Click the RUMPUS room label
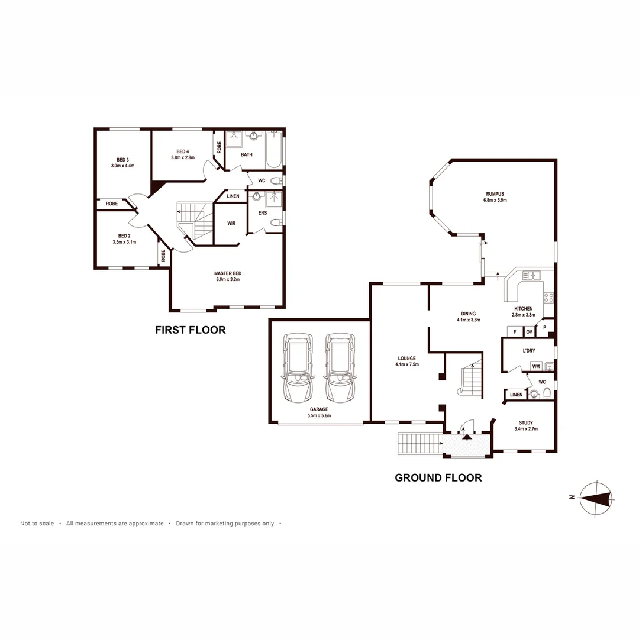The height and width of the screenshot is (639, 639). [x=495, y=193]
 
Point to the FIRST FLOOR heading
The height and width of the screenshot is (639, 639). [x=190, y=330]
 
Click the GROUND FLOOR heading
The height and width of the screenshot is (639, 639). [x=438, y=477]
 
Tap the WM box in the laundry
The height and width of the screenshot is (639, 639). [x=535, y=367]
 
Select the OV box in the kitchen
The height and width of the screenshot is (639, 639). [x=529, y=332]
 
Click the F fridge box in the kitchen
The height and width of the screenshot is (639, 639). [x=515, y=332]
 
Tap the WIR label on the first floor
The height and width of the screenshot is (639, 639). [x=231, y=224]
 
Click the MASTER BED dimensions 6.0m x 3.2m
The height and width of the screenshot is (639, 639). [x=228, y=279]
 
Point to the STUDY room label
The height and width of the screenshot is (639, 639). [x=525, y=422]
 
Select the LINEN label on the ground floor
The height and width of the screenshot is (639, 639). [x=516, y=395]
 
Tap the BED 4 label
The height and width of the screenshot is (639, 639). [x=183, y=151]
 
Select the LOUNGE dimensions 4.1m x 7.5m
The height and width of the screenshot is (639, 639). [x=406, y=364]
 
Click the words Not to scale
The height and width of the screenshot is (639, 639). [x=37, y=524]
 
